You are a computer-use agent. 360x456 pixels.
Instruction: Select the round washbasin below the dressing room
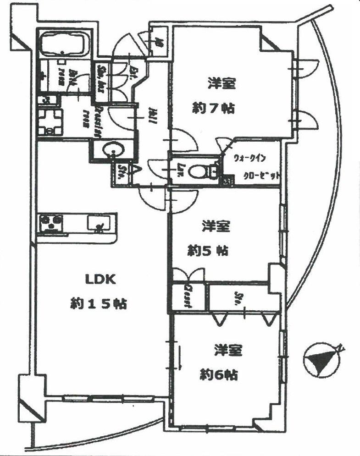pyautogui.click(x=112, y=150)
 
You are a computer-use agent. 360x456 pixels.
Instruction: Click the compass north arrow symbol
pyautogui.click(x=321, y=358)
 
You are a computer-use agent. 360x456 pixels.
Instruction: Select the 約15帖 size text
pyautogui.click(x=98, y=303)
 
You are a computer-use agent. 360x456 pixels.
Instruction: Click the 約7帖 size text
pyautogui.click(x=214, y=109)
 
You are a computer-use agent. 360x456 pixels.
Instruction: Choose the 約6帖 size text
pyautogui.click(x=219, y=375)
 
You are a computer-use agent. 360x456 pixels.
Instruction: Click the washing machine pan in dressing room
pyautogui.click(x=50, y=122)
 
